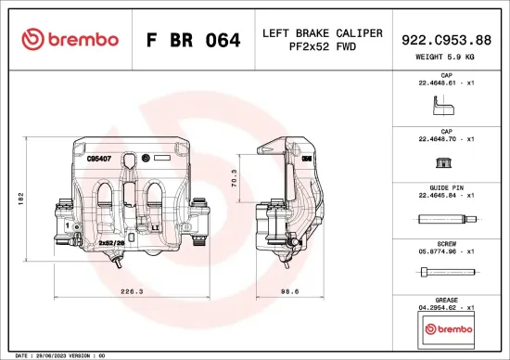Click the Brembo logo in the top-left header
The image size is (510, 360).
coord(70,39)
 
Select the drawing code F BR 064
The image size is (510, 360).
coord(193,40)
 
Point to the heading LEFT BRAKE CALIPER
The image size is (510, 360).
coord(322,33)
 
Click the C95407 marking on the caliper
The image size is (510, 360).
coord(99,159)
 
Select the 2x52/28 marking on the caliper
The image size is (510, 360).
coord(111,240)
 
